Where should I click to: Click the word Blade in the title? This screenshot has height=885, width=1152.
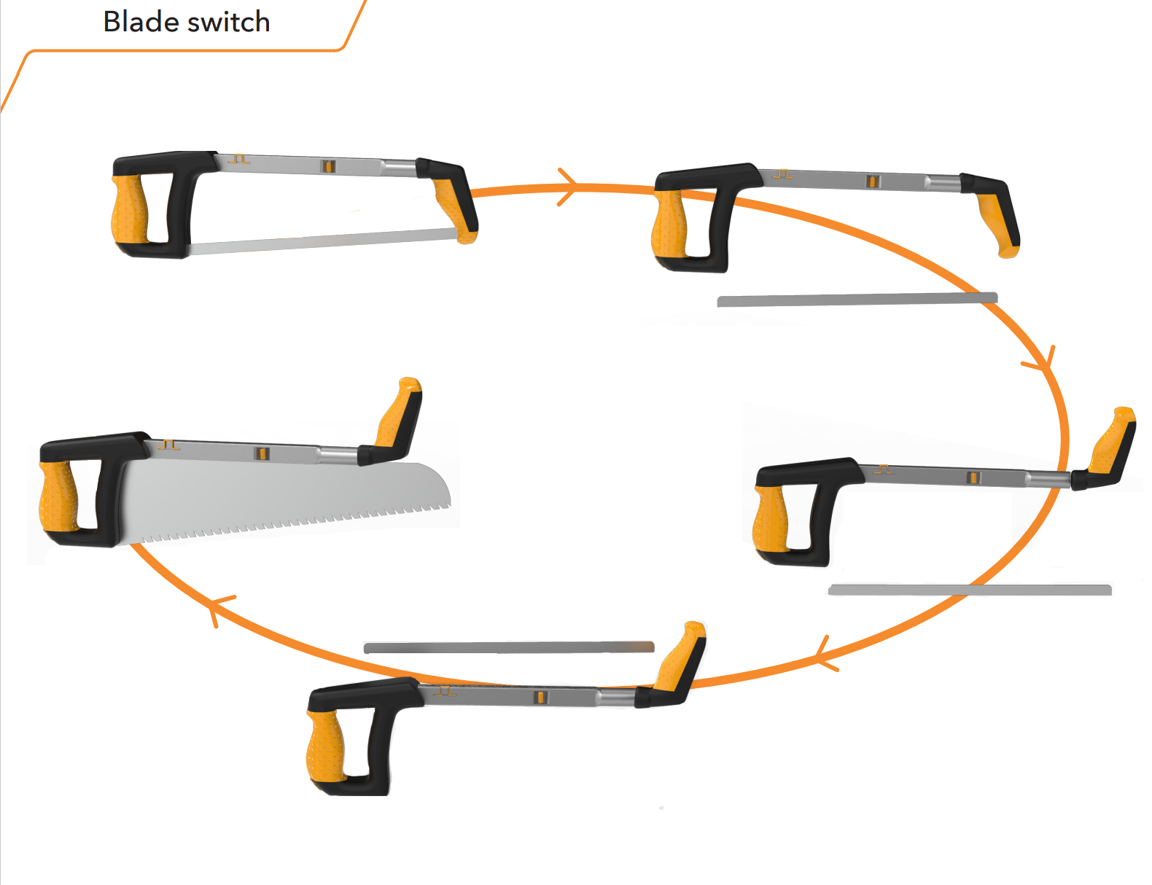(141, 22)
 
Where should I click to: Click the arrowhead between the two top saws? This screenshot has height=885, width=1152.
(567, 187)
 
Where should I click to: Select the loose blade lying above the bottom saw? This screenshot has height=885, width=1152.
(508, 647)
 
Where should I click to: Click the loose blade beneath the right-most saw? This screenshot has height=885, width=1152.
(970, 589)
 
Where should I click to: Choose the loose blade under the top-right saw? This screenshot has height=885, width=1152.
(857, 299)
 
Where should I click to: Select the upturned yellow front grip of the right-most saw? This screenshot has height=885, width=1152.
(1110, 441)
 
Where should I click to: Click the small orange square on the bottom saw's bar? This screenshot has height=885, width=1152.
(540, 697)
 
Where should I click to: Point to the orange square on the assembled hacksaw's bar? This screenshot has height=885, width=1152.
(328, 166)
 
